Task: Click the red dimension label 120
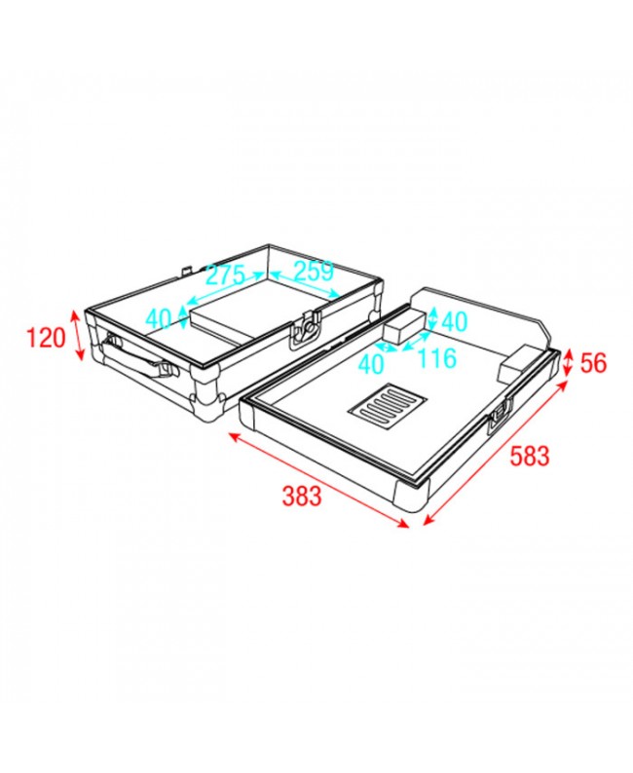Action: tap(46, 338)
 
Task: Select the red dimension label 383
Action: tap(302, 496)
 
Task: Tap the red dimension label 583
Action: tap(529, 456)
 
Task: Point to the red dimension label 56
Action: tap(593, 363)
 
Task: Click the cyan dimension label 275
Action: tap(225, 276)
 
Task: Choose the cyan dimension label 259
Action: tap(314, 271)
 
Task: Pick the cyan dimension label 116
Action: tap(437, 358)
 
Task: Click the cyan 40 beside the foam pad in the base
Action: tap(158, 318)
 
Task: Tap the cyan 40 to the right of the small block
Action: tap(454, 321)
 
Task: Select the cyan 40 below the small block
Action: tap(371, 364)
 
